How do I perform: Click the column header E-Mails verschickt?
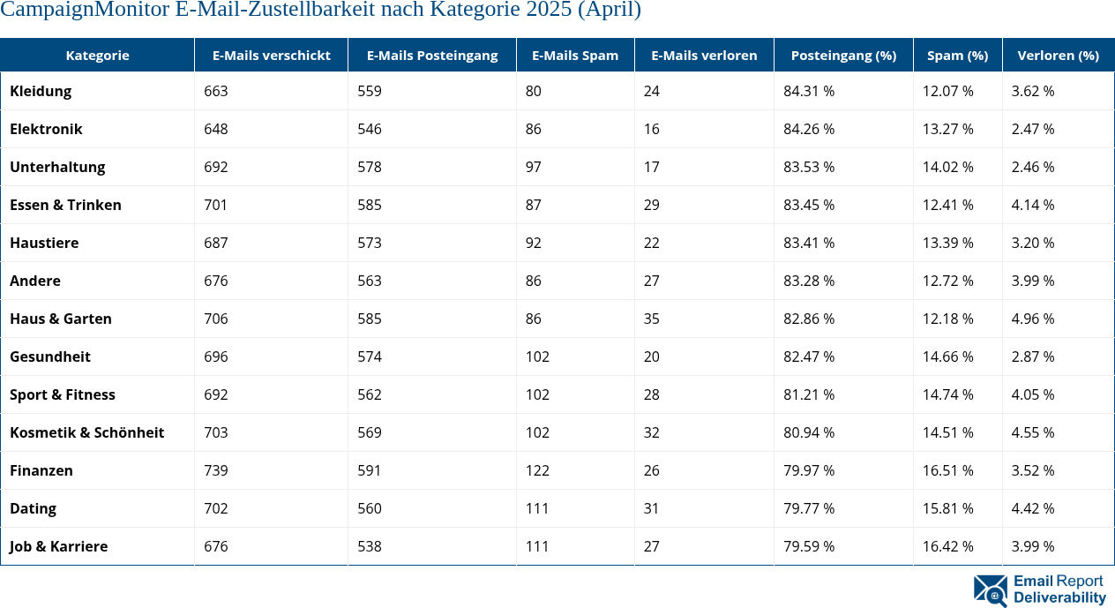[271, 55]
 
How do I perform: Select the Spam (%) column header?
[957, 55]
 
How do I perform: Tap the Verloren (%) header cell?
[1058, 55]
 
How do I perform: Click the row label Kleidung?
[41, 91]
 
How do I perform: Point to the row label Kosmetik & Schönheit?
[86, 432]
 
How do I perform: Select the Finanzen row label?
[41, 470]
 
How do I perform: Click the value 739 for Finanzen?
[215, 470]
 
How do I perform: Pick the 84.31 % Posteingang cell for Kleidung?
[809, 91]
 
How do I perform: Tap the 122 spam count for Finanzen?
[537, 470]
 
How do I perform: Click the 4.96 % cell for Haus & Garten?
[1033, 319]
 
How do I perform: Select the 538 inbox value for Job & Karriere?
[370, 546]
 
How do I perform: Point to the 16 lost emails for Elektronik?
[651, 129]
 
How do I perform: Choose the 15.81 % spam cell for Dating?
[947, 508]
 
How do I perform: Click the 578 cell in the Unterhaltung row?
[370, 167]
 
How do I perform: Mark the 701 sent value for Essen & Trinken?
[215, 205]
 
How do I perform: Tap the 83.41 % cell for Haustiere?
[809, 243]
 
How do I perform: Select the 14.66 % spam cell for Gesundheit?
[947, 357]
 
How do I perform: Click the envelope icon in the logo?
[991, 590]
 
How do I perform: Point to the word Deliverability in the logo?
[1059, 598]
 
